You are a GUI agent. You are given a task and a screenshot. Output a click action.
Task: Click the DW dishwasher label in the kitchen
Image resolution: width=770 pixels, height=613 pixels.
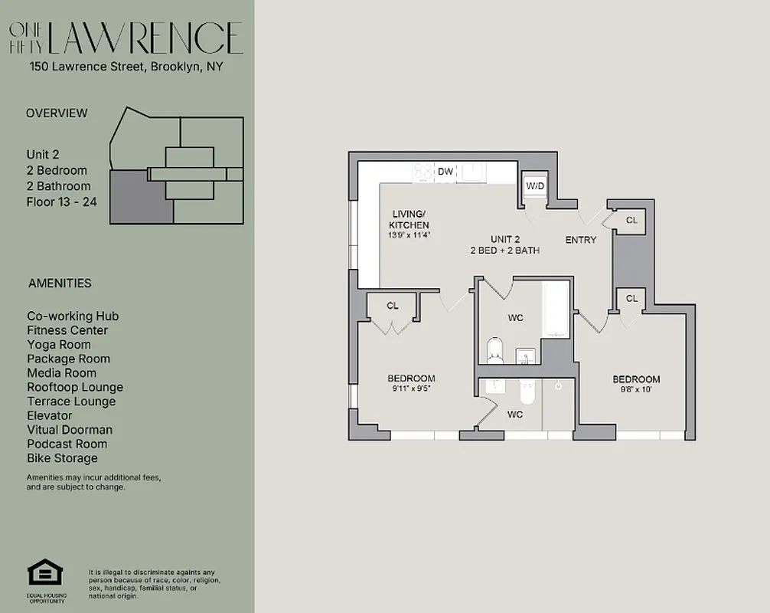tap(445, 172)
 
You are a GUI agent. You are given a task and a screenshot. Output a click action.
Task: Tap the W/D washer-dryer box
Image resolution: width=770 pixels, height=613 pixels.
tap(534, 186)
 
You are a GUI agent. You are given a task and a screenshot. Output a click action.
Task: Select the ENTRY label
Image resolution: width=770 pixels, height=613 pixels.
tap(580, 240)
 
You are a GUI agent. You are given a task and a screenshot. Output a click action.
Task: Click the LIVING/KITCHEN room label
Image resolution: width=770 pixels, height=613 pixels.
tap(409, 219)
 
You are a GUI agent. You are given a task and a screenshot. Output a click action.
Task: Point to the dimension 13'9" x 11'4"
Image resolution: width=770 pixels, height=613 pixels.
tap(409, 235)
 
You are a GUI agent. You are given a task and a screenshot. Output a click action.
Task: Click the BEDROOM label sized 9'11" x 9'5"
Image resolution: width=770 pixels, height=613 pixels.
tap(411, 379)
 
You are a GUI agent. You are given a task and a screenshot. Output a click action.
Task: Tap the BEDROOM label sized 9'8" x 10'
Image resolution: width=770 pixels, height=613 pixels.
tap(636, 379)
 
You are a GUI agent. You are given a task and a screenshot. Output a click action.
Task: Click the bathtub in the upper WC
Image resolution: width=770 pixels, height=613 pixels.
tap(556, 310)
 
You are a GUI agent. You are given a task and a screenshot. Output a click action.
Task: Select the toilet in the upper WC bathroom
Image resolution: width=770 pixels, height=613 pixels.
tap(494, 351)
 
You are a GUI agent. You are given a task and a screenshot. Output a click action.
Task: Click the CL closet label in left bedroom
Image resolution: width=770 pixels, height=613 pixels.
tap(393, 306)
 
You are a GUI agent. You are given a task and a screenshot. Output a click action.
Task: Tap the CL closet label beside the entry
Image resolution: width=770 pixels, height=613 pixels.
tap(631, 220)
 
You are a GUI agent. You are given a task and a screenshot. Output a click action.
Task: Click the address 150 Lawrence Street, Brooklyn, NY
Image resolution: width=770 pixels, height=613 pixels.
tap(126, 67)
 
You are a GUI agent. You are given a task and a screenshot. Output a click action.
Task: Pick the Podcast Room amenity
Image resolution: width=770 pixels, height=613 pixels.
tap(67, 444)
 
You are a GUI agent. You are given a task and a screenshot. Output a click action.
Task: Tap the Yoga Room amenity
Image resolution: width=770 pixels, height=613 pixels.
tap(59, 345)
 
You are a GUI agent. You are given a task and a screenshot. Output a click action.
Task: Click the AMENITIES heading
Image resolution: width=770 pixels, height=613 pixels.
tap(60, 283)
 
